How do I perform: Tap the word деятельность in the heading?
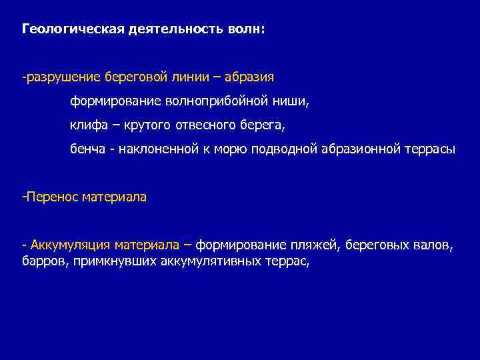[x=157, y=30]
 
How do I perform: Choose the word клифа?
[x=87, y=125]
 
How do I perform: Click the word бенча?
[x=89, y=149]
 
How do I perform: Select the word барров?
[x=39, y=261]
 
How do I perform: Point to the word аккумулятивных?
[x=207, y=261]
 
